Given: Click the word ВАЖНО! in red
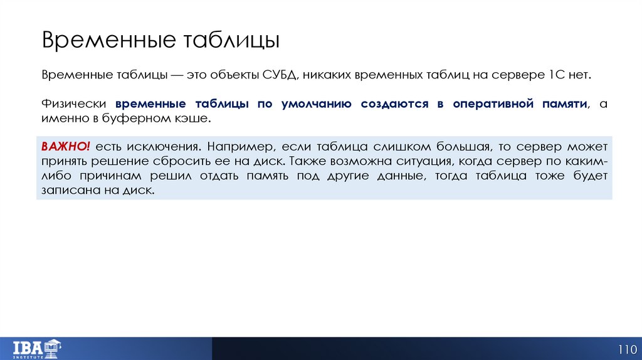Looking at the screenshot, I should (66, 146).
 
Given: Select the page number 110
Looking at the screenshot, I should (627, 349).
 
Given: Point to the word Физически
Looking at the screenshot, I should (74, 103).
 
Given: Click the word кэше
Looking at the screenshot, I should (190, 118).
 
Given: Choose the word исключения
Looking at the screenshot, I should (163, 146).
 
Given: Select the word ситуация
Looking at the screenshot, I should (428, 161).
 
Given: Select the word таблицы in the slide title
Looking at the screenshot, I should (231, 40).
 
